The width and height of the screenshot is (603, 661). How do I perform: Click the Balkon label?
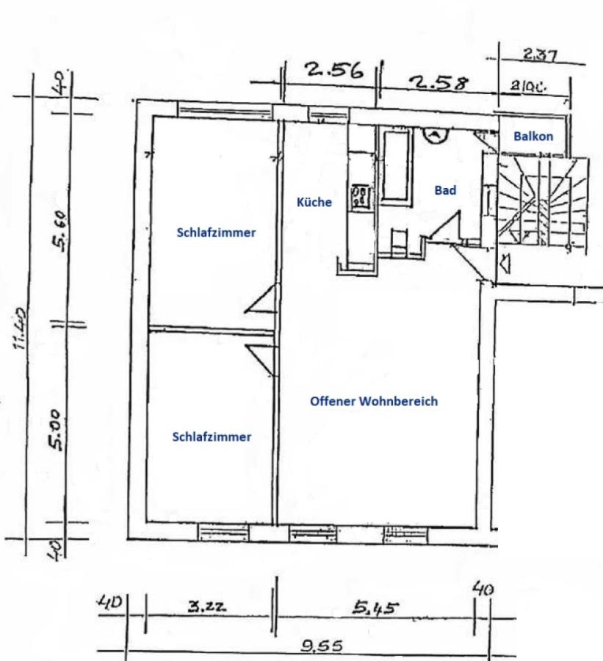(x=533, y=136)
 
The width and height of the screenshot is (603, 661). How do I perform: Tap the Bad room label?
(x=445, y=190)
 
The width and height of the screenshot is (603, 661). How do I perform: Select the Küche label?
(x=314, y=202)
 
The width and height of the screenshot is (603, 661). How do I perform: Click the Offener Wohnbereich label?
(x=374, y=401)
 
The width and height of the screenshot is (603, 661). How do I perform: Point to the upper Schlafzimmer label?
(x=216, y=233)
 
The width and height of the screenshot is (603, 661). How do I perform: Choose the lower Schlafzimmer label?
(x=212, y=436)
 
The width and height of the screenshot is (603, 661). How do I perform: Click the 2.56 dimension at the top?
(x=335, y=71)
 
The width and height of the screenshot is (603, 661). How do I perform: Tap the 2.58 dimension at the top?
(x=441, y=83)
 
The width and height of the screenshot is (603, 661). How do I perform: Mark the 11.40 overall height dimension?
(x=22, y=328)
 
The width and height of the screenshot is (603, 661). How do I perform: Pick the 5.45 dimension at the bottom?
(x=376, y=608)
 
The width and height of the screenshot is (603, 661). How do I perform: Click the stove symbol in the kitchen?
(x=361, y=196)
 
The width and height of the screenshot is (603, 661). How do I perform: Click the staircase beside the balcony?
(x=542, y=202)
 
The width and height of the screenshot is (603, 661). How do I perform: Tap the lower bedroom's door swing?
(x=261, y=358)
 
